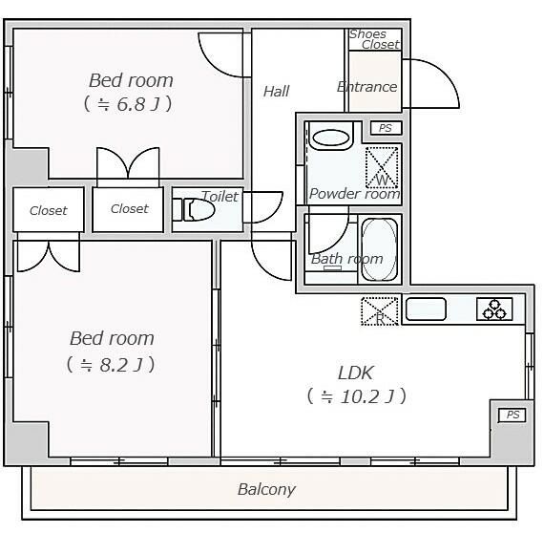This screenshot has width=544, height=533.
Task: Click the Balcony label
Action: click(x=266, y=490)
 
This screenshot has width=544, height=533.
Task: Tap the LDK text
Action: click(x=356, y=373)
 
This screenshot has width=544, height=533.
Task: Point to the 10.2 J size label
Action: click(x=356, y=395)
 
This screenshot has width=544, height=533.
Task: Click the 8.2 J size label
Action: click(x=111, y=364)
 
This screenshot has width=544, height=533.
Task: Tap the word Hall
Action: click(x=276, y=91)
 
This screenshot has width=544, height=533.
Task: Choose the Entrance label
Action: click(x=366, y=87)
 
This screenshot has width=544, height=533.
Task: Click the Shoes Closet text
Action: click(x=373, y=39)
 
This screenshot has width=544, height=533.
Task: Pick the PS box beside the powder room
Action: click(x=385, y=128)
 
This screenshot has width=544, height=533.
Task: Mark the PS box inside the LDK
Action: click(x=513, y=415)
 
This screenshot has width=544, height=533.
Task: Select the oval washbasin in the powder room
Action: click(x=331, y=138)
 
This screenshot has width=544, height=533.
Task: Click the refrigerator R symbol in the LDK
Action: click(x=379, y=311)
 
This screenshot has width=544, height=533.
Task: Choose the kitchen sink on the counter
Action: click(x=426, y=309)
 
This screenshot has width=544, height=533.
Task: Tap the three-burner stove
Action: click(x=494, y=309)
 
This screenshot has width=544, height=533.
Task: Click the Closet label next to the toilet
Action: click(x=129, y=209)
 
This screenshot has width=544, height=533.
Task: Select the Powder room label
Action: click(x=354, y=194)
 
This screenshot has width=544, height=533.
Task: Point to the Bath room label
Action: click(x=346, y=259)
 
